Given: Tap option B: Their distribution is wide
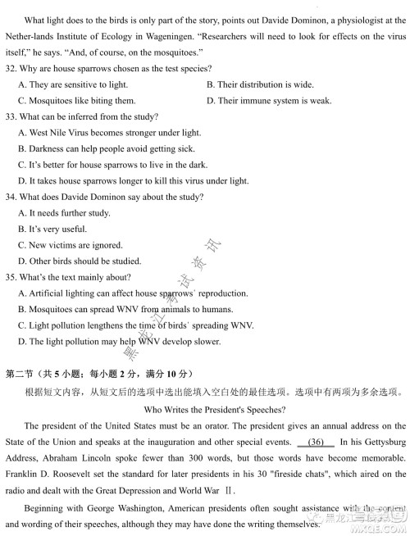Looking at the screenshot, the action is click(x=259, y=84).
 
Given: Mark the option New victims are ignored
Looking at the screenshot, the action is click(x=70, y=245).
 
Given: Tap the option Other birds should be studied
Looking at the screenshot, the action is click(x=79, y=261).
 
